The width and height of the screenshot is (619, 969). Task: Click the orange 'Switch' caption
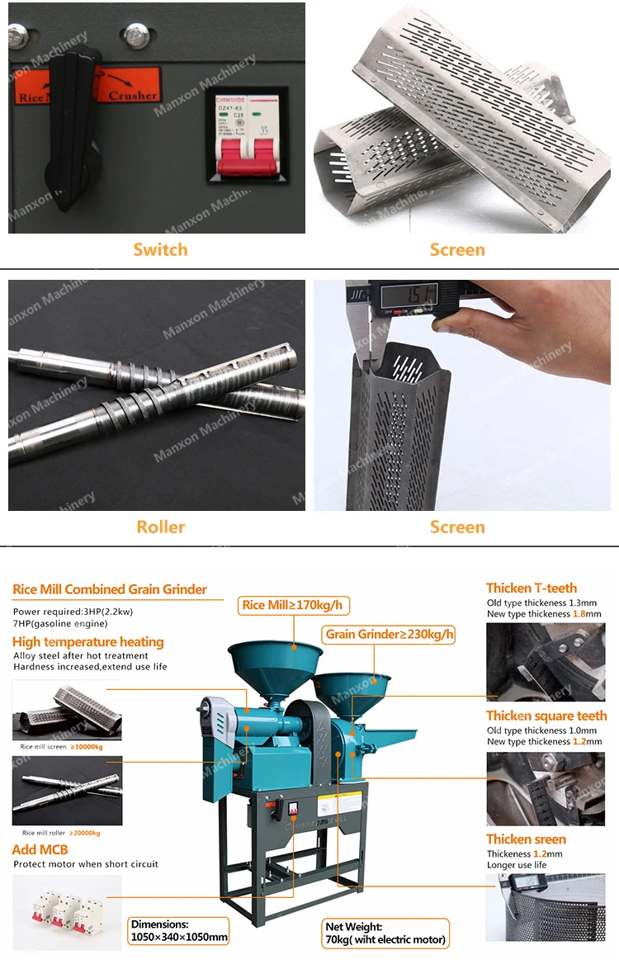[160, 249]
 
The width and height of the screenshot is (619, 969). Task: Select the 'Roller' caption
[160, 527]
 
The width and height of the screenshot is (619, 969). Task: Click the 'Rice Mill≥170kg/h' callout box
[293, 605]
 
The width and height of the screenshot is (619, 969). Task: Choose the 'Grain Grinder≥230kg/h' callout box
[389, 634]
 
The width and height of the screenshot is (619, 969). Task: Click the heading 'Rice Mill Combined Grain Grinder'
[110, 589]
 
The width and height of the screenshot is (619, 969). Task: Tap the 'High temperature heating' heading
[88, 641]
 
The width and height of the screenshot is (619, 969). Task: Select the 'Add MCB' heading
[40, 849]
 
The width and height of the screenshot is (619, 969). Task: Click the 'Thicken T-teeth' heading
[532, 588]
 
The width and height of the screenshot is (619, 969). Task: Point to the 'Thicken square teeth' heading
[546, 716]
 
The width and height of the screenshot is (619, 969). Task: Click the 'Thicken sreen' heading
[526, 839]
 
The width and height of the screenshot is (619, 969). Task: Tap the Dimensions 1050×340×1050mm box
[178, 931]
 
